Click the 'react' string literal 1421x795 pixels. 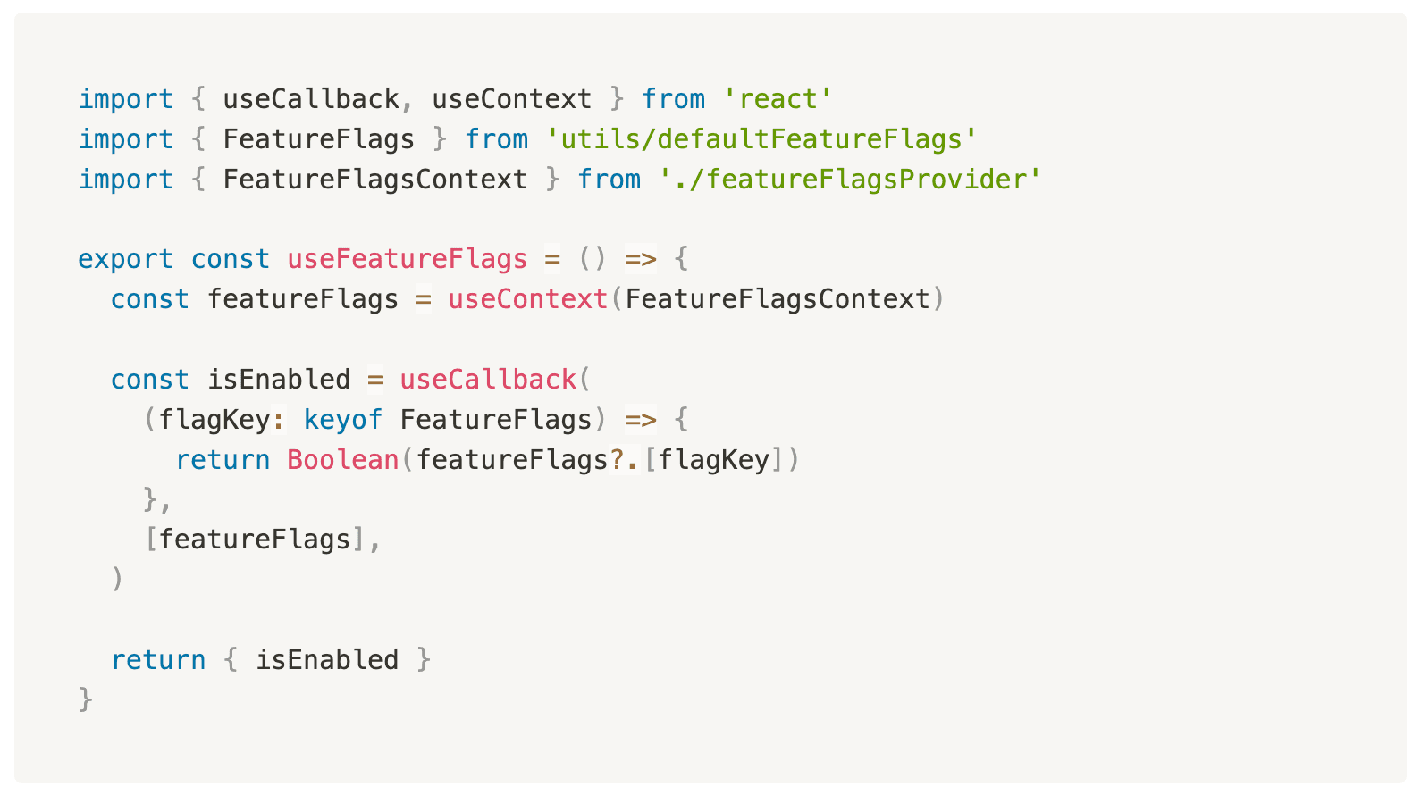[778, 99]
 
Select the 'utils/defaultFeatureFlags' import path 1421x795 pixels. [761, 139]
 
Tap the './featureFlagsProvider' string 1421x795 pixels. [850, 180]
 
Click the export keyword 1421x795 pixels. [125, 259]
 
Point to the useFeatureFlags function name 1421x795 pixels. [407, 259]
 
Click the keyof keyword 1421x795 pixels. [342, 420]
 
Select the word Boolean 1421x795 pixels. [342, 460]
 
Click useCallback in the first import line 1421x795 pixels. [310, 99]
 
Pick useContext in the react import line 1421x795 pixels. [511, 99]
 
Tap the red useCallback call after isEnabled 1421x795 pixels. [487, 380]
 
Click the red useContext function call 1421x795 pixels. [527, 299]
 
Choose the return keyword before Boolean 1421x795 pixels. [223, 460]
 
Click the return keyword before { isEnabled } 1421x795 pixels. [158, 660]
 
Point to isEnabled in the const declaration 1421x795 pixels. [279, 380]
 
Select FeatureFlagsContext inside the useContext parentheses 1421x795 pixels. [778, 299]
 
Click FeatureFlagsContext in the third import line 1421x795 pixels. [374, 180]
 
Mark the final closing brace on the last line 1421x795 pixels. [86, 699]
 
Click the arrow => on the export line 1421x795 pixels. [640, 259]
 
